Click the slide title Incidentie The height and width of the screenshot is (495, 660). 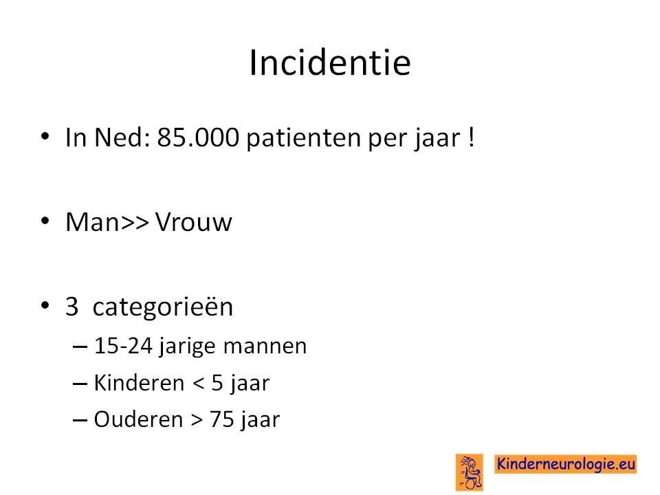coord(330,63)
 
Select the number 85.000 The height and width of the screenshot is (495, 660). coord(198,137)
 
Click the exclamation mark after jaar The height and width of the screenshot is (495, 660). coord(472,137)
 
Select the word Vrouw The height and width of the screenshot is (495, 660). coord(194,222)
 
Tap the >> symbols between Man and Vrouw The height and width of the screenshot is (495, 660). coord(135,223)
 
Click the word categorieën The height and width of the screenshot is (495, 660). coord(162,307)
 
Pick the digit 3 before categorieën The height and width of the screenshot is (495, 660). coord(72,307)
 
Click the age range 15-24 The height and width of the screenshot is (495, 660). coord(123,346)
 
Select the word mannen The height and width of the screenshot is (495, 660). coord(265,346)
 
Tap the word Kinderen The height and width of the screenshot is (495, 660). coord(140,383)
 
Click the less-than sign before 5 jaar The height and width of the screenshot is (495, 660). coord(199,384)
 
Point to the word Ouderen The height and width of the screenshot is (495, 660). coord(138,419)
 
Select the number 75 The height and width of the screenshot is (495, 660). coord(222,419)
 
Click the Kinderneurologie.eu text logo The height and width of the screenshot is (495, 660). coord(566,464)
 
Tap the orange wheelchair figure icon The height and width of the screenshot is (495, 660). coord(470,472)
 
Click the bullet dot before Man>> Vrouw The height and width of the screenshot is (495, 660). coord(45,221)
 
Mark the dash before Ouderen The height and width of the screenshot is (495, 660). coord(80,420)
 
